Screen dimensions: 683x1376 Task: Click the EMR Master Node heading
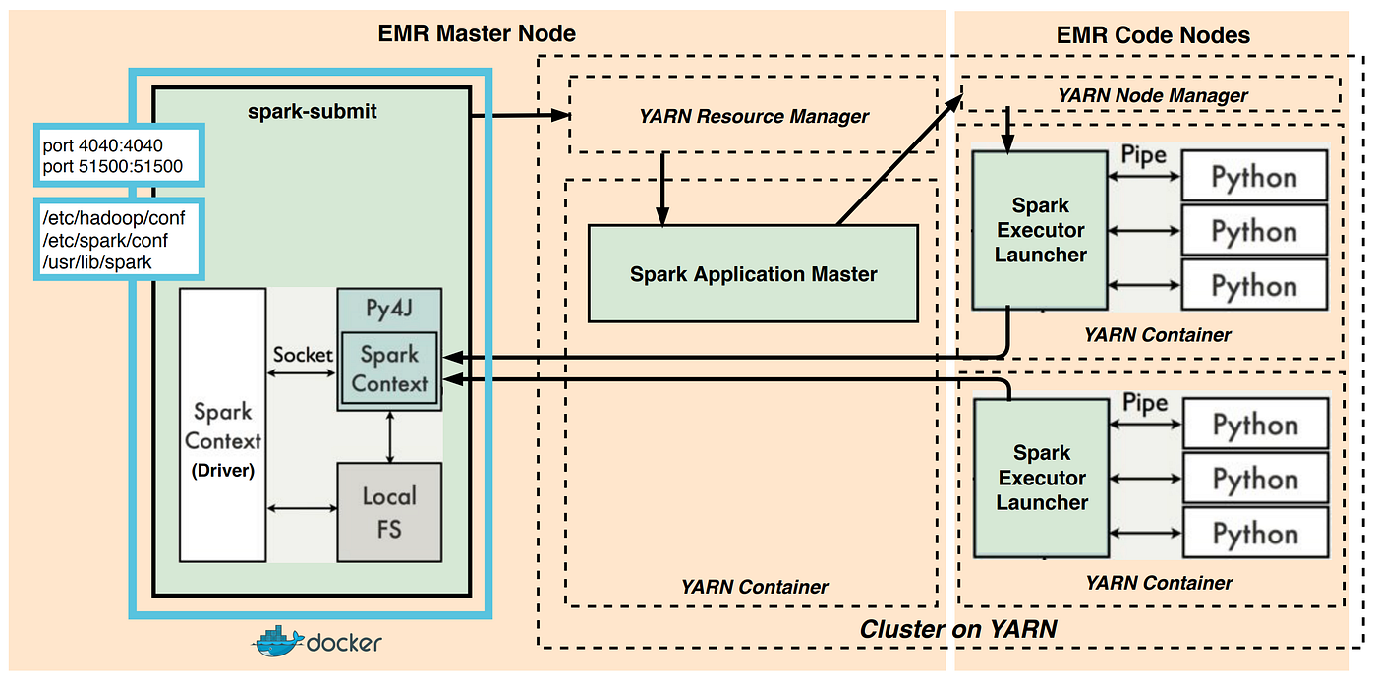pyautogui.click(x=477, y=34)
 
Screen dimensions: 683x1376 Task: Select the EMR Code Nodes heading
pyautogui.click(x=1153, y=35)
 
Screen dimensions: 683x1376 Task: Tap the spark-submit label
pyautogui.click(x=312, y=111)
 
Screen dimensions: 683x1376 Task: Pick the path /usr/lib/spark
pyautogui.click(x=97, y=261)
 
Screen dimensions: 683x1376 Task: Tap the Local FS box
pyautogui.click(x=389, y=511)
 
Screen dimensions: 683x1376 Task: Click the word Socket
pyautogui.click(x=302, y=355)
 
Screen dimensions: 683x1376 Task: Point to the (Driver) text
pyautogui.click(x=222, y=471)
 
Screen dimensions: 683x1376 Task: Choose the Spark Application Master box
pyautogui.click(x=753, y=273)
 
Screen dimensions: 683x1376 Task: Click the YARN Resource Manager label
pyautogui.click(x=753, y=116)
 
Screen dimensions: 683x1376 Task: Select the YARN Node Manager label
pyautogui.click(x=1152, y=95)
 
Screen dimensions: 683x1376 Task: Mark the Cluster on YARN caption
pyautogui.click(x=957, y=629)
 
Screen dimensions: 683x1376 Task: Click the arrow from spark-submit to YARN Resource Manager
pyautogui.click(x=521, y=116)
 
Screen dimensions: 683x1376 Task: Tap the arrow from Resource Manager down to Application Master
pyautogui.click(x=665, y=189)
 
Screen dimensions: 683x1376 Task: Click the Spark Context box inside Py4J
pyautogui.click(x=389, y=369)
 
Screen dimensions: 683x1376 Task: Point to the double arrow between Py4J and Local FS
pyautogui.click(x=390, y=436)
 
